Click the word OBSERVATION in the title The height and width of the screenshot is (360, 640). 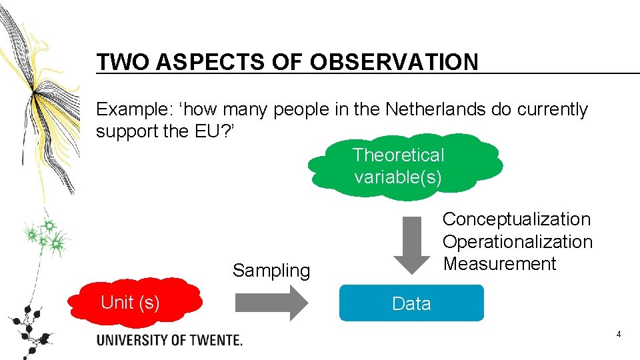pos(394,62)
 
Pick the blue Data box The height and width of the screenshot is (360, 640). pos(411,303)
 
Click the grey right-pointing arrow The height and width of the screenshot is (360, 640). pos(271,303)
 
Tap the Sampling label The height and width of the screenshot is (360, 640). pos(271,271)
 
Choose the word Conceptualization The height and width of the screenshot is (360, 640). pos(517,219)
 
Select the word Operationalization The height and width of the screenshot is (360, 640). pos(517,241)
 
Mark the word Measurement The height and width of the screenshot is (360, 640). pos(499,263)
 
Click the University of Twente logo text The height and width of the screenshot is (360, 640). pos(169,340)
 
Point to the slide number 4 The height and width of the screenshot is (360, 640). pos(619,334)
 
